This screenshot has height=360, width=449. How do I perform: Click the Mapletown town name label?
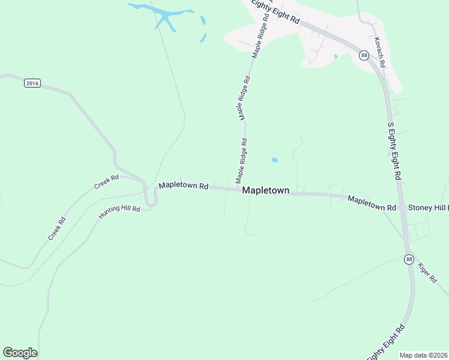(x=265, y=190)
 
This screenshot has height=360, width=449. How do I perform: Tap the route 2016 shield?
(x=32, y=83)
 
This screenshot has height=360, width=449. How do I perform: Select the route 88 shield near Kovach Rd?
(x=364, y=56)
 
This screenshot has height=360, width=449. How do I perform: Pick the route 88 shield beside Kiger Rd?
(x=409, y=259)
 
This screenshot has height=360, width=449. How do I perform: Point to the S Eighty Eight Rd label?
(x=394, y=151)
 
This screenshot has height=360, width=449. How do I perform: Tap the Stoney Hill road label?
(x=428, y=208)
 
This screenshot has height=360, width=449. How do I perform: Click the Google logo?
(x=20, y=353)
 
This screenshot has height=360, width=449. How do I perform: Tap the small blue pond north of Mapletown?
(x=275, y=160)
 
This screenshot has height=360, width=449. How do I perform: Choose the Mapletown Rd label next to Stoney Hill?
(x=372, y=203)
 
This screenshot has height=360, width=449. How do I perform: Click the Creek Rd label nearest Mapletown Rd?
(x=106, y=182)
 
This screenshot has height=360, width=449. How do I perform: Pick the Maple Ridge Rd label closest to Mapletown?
(x=241, y=161)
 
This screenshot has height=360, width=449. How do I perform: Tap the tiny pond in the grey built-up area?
(x=336, y=57)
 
